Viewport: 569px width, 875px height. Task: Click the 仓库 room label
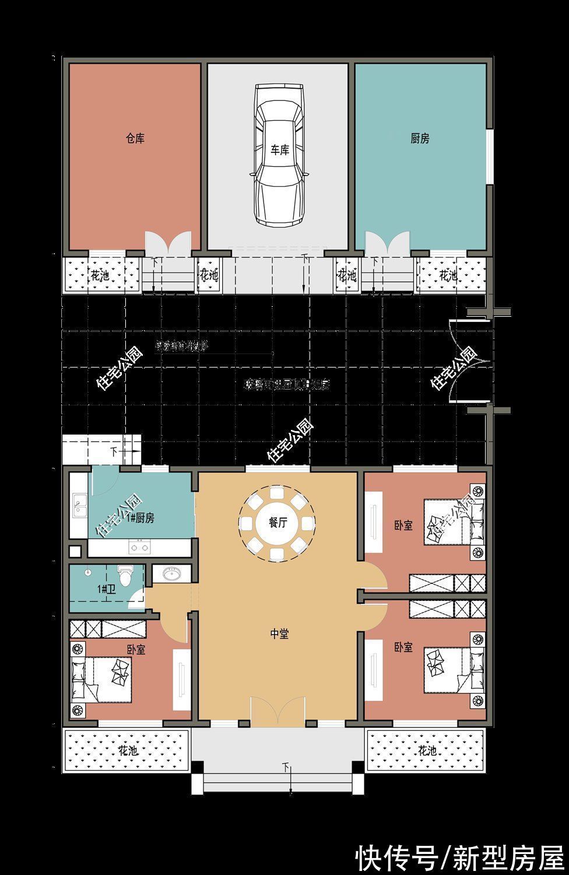(x=135, y=139)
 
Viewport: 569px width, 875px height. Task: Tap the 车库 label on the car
(x=279, y=150)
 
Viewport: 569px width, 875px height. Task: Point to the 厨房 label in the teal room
(x=420, y=139)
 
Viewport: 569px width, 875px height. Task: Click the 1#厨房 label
(x=141, y=518)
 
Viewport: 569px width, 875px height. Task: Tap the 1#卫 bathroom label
(x=106, y=589)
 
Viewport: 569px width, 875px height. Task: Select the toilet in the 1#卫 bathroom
(x=125, y=576)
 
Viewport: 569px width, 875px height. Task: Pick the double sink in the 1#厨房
(x=79, y=505)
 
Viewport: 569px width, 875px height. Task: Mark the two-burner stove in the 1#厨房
(x=139, y=547)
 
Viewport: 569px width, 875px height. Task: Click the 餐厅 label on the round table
(x=278, y=523)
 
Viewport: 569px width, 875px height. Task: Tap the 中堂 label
(x=279, y=634)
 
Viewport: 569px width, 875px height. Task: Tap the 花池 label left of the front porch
(x=128, y=750)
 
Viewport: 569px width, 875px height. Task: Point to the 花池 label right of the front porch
(x=427, y=750)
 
